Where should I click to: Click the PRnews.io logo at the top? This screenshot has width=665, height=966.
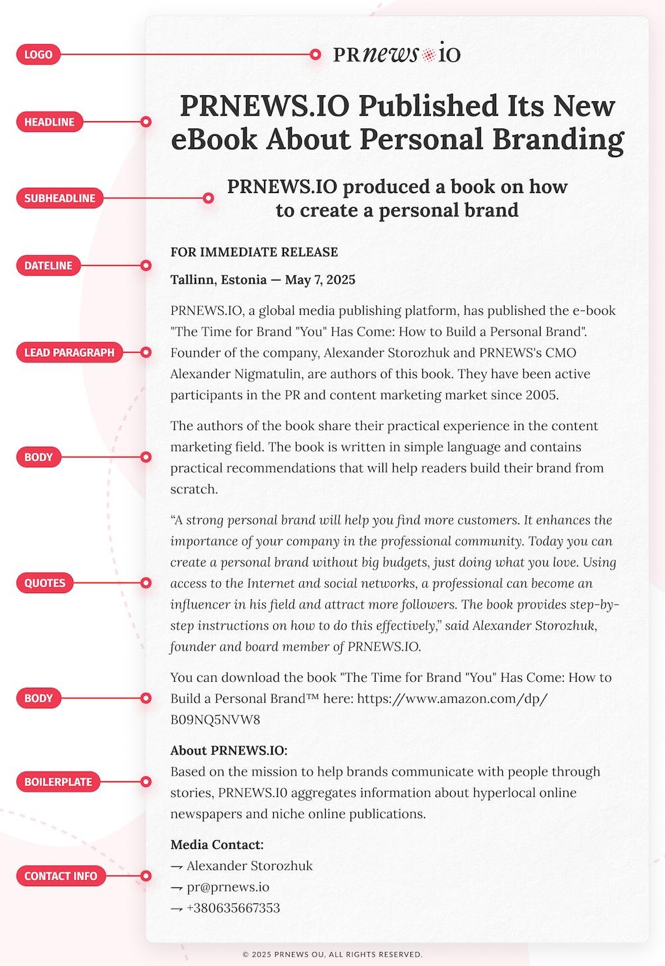pyautogui.click(x=396, y=54)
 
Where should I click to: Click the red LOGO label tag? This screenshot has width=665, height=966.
pyautogui.click(x=38, y=55)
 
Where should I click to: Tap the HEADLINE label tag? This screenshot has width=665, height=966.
pyautogui.click(x=49, y=122)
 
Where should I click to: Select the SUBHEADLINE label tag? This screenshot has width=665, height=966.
pyautogui.click(x=60, y=198)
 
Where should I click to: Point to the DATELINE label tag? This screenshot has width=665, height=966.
pyautogui.click(x=48, y=266)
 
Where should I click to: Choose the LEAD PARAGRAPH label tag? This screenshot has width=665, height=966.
pyautogui.click(x=69, y=352)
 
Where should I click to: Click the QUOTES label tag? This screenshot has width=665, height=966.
pyautogui.click(x=45, y=583)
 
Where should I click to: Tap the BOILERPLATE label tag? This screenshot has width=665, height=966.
pyautogui.click(x=58, y=782)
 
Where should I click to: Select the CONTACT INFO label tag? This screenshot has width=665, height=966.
pyautogui.click(x=61, y=876)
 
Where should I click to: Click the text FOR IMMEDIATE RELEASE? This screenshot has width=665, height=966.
pyautogui.click(x=254, y=252)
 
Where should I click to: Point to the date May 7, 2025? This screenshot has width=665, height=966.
pyautogui.click(x=320, y=280)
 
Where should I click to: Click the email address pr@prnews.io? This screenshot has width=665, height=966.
pyautogui.click(x=227, y=887)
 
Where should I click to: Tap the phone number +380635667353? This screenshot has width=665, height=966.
pyautogui.click(x=233, y=908)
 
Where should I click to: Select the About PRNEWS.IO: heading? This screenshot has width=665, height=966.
pyautogui.click(x=229, y=750)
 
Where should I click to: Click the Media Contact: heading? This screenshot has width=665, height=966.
pyautogui.click(x=217, y=845)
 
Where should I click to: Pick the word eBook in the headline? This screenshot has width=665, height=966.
pyautogui.click(x=213, y=139)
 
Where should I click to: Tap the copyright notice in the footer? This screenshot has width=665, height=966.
pyautogui.click(x=332, y=954)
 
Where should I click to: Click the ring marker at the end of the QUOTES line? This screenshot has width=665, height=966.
pyautogui.click(x=146, y=583)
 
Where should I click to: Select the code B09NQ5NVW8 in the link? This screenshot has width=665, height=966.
pyautogui.click(x=215, y=720)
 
